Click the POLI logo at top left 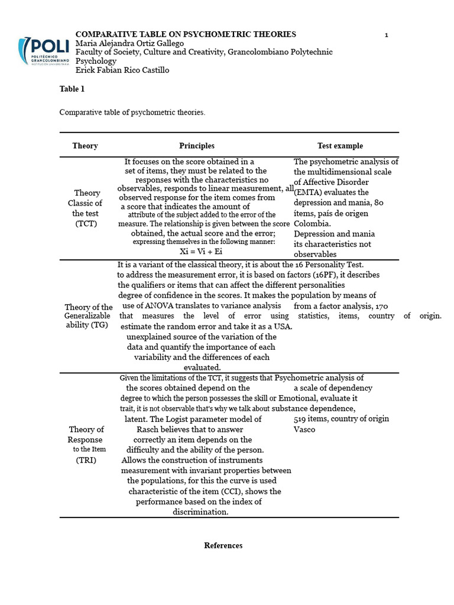point(43,51)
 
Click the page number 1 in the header point(387,35)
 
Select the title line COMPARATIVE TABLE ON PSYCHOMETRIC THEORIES point(186,34)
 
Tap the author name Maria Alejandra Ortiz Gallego point(130,44)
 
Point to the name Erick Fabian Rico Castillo point(122,70)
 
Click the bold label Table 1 point(72,89)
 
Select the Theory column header point(85,146)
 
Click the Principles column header point(197,146)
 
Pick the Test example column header point(340,146)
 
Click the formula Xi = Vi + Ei point(201,252)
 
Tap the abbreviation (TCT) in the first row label point(86,224)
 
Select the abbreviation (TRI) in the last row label point(86,460)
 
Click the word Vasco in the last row point(304,430)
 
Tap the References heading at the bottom point(223,546)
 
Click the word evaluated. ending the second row point(202,367)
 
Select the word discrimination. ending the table point(200,512)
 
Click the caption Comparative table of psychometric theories point(132,112)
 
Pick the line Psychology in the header point(96,61)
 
